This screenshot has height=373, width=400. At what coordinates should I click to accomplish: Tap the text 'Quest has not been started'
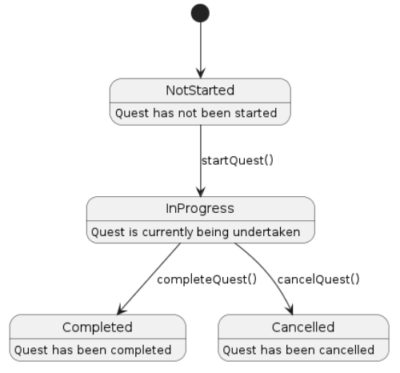[200, 113]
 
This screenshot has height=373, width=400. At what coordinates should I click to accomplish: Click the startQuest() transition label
[238, 158]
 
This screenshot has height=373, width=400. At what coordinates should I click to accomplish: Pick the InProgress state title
[200, 209]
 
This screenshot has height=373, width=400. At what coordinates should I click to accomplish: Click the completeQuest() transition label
[206, 279]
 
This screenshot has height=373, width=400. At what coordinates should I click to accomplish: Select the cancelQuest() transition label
[318, 279]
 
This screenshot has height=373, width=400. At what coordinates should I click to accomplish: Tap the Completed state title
[98, 327]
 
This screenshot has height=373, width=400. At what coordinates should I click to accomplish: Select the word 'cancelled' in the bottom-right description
[349, 349]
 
